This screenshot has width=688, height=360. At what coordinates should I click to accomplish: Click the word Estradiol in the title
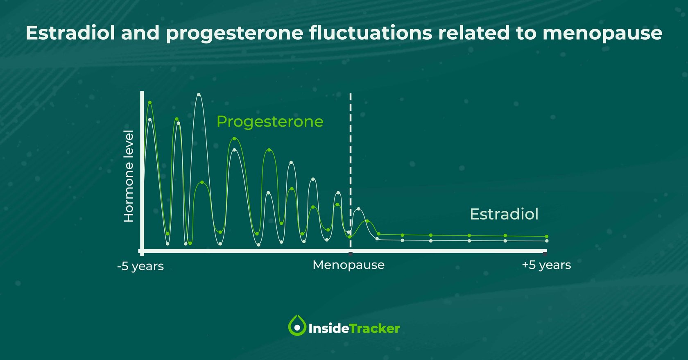coord(70,33)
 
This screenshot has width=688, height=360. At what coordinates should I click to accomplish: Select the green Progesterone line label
coord(269,122)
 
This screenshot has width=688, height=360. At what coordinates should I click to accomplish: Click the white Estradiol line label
coord(504,214)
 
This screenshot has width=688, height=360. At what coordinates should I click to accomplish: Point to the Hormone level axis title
coord(129,176)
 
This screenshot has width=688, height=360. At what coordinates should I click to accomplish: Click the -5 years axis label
coord(140,266)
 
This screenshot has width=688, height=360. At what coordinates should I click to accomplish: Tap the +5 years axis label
coord(546,265)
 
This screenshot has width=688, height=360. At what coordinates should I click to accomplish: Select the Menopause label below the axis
coord(348,265)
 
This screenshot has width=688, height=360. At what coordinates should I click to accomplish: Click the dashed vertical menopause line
coord(351,164)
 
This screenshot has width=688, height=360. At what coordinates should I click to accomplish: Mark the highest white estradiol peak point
coord(199,95)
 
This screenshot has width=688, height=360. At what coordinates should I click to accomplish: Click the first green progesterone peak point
coord(150,102)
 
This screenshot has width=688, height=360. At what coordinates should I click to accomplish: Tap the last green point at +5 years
coord(547,236)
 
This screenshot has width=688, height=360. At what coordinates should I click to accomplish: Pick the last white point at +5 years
coord(547,241)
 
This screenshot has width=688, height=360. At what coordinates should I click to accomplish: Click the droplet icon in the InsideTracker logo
coord(297,326)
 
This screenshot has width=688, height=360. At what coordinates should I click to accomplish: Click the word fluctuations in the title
coord(371,33)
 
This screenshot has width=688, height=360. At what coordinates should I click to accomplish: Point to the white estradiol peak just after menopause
coord(359,209)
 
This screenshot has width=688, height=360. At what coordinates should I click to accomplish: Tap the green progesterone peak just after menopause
coord(367,221)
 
